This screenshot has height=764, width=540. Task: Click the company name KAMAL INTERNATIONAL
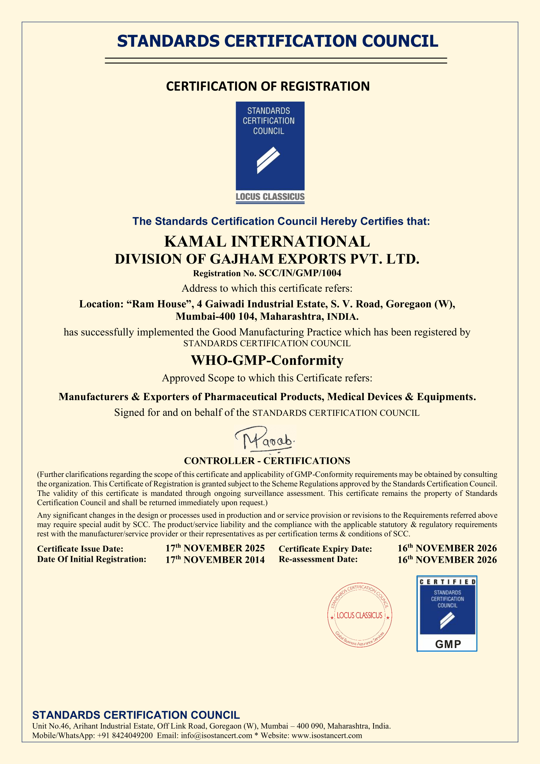[x=267, y=242]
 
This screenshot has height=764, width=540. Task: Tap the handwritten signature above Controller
[x=265, y=440]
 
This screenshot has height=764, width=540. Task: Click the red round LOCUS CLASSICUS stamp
[x=359, y=615]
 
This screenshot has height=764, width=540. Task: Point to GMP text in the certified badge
[x=448, y=644]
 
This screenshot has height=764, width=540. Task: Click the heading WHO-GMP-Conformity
[x=267, y=360]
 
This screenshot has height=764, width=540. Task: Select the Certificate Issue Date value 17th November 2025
[x=215, y=548]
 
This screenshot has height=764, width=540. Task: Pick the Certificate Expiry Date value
[x=447, y=548]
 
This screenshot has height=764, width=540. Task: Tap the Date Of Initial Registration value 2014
[x=215, y=560]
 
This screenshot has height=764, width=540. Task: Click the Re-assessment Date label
[x=318, y=559]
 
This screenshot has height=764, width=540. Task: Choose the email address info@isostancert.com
[x=216, y=735]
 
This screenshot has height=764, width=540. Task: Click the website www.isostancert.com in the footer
[x=326, y=735]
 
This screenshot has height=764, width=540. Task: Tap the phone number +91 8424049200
[x=125, y=735]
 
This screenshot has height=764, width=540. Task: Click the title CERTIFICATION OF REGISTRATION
[x=268, y=86]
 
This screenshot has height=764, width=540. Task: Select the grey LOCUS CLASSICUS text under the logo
[x=270, y=197]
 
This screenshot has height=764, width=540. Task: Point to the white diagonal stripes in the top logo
[x=268, y=160]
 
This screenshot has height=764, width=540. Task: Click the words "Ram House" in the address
[x=159, y=304]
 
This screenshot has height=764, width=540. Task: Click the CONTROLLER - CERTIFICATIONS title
[x=267, y=461]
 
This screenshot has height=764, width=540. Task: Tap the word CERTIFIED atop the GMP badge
[x=447, y=582]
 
